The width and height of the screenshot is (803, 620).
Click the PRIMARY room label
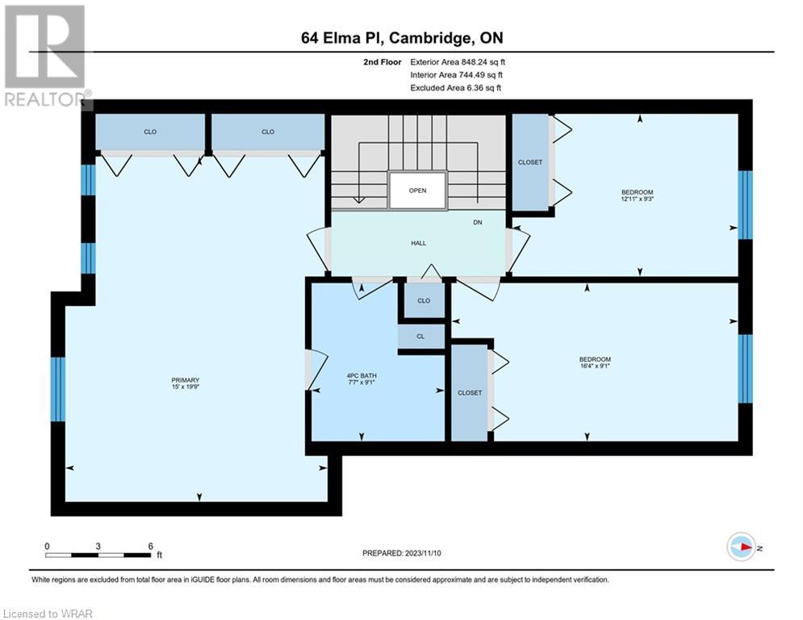(x=186, y=380)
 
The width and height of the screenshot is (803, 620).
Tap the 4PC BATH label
(x=362, y=375)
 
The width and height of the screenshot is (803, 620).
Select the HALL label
(x=418, y=243)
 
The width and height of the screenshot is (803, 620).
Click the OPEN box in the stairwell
(x=418, y=191)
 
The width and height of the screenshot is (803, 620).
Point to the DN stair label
(x=477, y=222)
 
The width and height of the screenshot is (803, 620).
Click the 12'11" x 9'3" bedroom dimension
(x=638, y=199)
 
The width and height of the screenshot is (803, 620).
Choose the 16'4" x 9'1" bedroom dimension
(x=595, y=366)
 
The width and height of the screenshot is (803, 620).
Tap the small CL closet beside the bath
(x=421, y=337)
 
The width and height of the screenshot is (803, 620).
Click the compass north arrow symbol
(x=742, y=547)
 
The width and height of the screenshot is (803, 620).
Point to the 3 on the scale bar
(x=98, y=547)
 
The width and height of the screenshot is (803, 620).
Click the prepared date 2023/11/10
(x=423, y=553)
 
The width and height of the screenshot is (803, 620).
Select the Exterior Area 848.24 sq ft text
(x=458, y=62)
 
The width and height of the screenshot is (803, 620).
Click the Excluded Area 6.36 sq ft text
(x=456, y=88)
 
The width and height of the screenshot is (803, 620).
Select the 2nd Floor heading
(x=383, y=62)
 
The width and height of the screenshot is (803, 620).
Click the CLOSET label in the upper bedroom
(x=530, y=162)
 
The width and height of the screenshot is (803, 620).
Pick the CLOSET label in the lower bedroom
(x=470, y=393)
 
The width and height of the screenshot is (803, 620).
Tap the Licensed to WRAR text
(x=48, y=614)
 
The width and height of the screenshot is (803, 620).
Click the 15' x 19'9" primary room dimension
(x=186, y=387)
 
